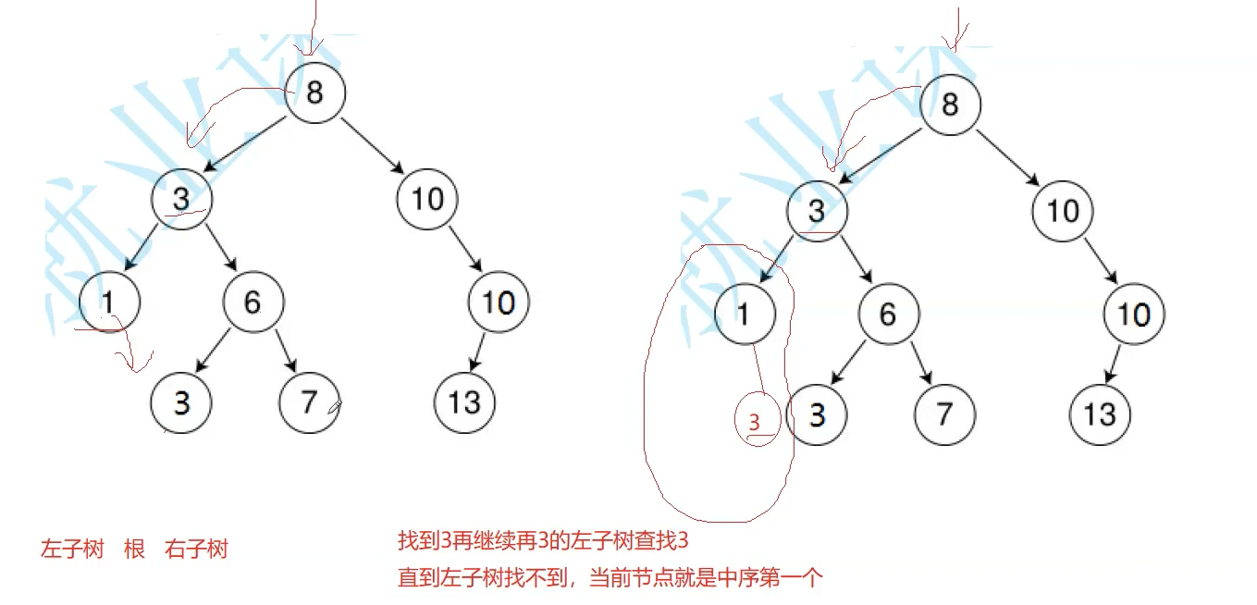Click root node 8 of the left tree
(314, 93)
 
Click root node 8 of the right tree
(950, 105)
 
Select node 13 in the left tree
(464, 402)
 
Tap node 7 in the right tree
(943, 414)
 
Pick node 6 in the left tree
(253, 302)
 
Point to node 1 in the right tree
(745, 315)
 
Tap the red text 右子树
(196, 549)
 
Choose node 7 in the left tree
(309, 402)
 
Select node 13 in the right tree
(1100, 414)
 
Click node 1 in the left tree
(109, 302)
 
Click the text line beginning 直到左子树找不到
(610, 578)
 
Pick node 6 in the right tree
(888, 315)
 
